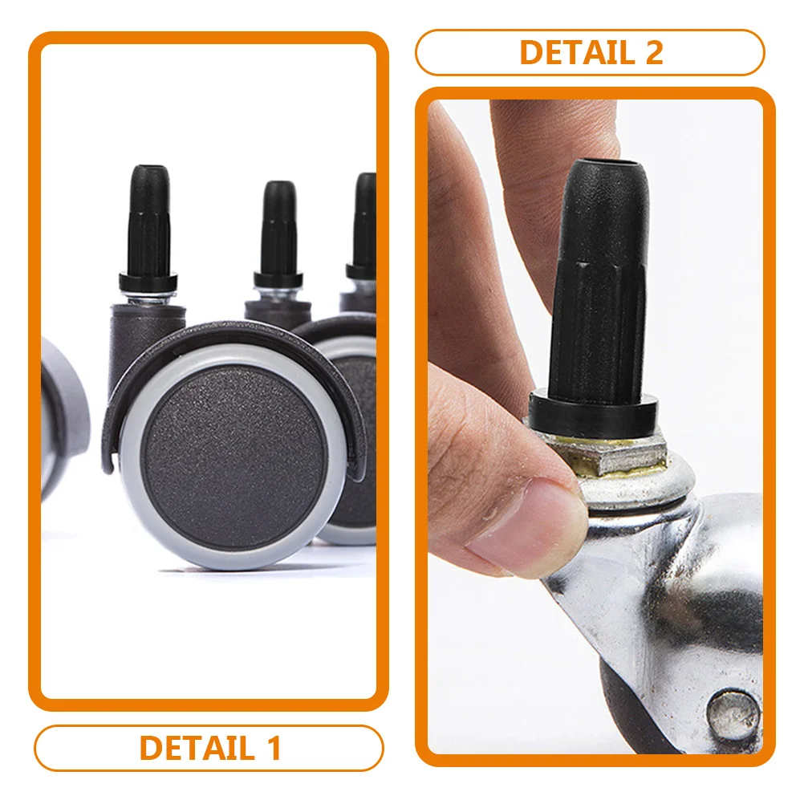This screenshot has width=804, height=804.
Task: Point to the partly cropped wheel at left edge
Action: click(x=60, y=417)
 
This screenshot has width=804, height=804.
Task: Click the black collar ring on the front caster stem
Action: click(x=148, y=282)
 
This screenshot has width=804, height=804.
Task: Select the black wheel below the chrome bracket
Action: click(x=634, y=714)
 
